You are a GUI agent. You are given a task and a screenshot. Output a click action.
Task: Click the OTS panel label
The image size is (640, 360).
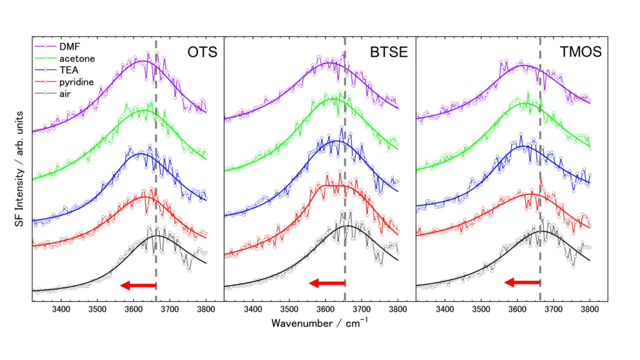pyautogui.click(x=202, y=52)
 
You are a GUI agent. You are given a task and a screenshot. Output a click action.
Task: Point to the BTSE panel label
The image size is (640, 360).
pyautogui.click(x=391, y=52)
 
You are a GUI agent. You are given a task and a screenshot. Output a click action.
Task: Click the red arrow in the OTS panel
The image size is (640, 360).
pyautogui.click(x=138, y=286)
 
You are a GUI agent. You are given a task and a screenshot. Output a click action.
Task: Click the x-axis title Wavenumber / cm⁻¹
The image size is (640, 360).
pyautogui.click(x=319, y=324)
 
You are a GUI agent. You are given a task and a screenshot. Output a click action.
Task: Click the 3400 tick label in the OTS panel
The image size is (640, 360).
pyautogui.click(x=61, y=309)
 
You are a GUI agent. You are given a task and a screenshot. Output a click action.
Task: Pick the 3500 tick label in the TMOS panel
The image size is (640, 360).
pyautogui.click(x=481, y=309)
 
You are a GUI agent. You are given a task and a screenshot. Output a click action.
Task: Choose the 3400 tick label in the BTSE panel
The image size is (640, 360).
pyautogui.click(x=253, y=309)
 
